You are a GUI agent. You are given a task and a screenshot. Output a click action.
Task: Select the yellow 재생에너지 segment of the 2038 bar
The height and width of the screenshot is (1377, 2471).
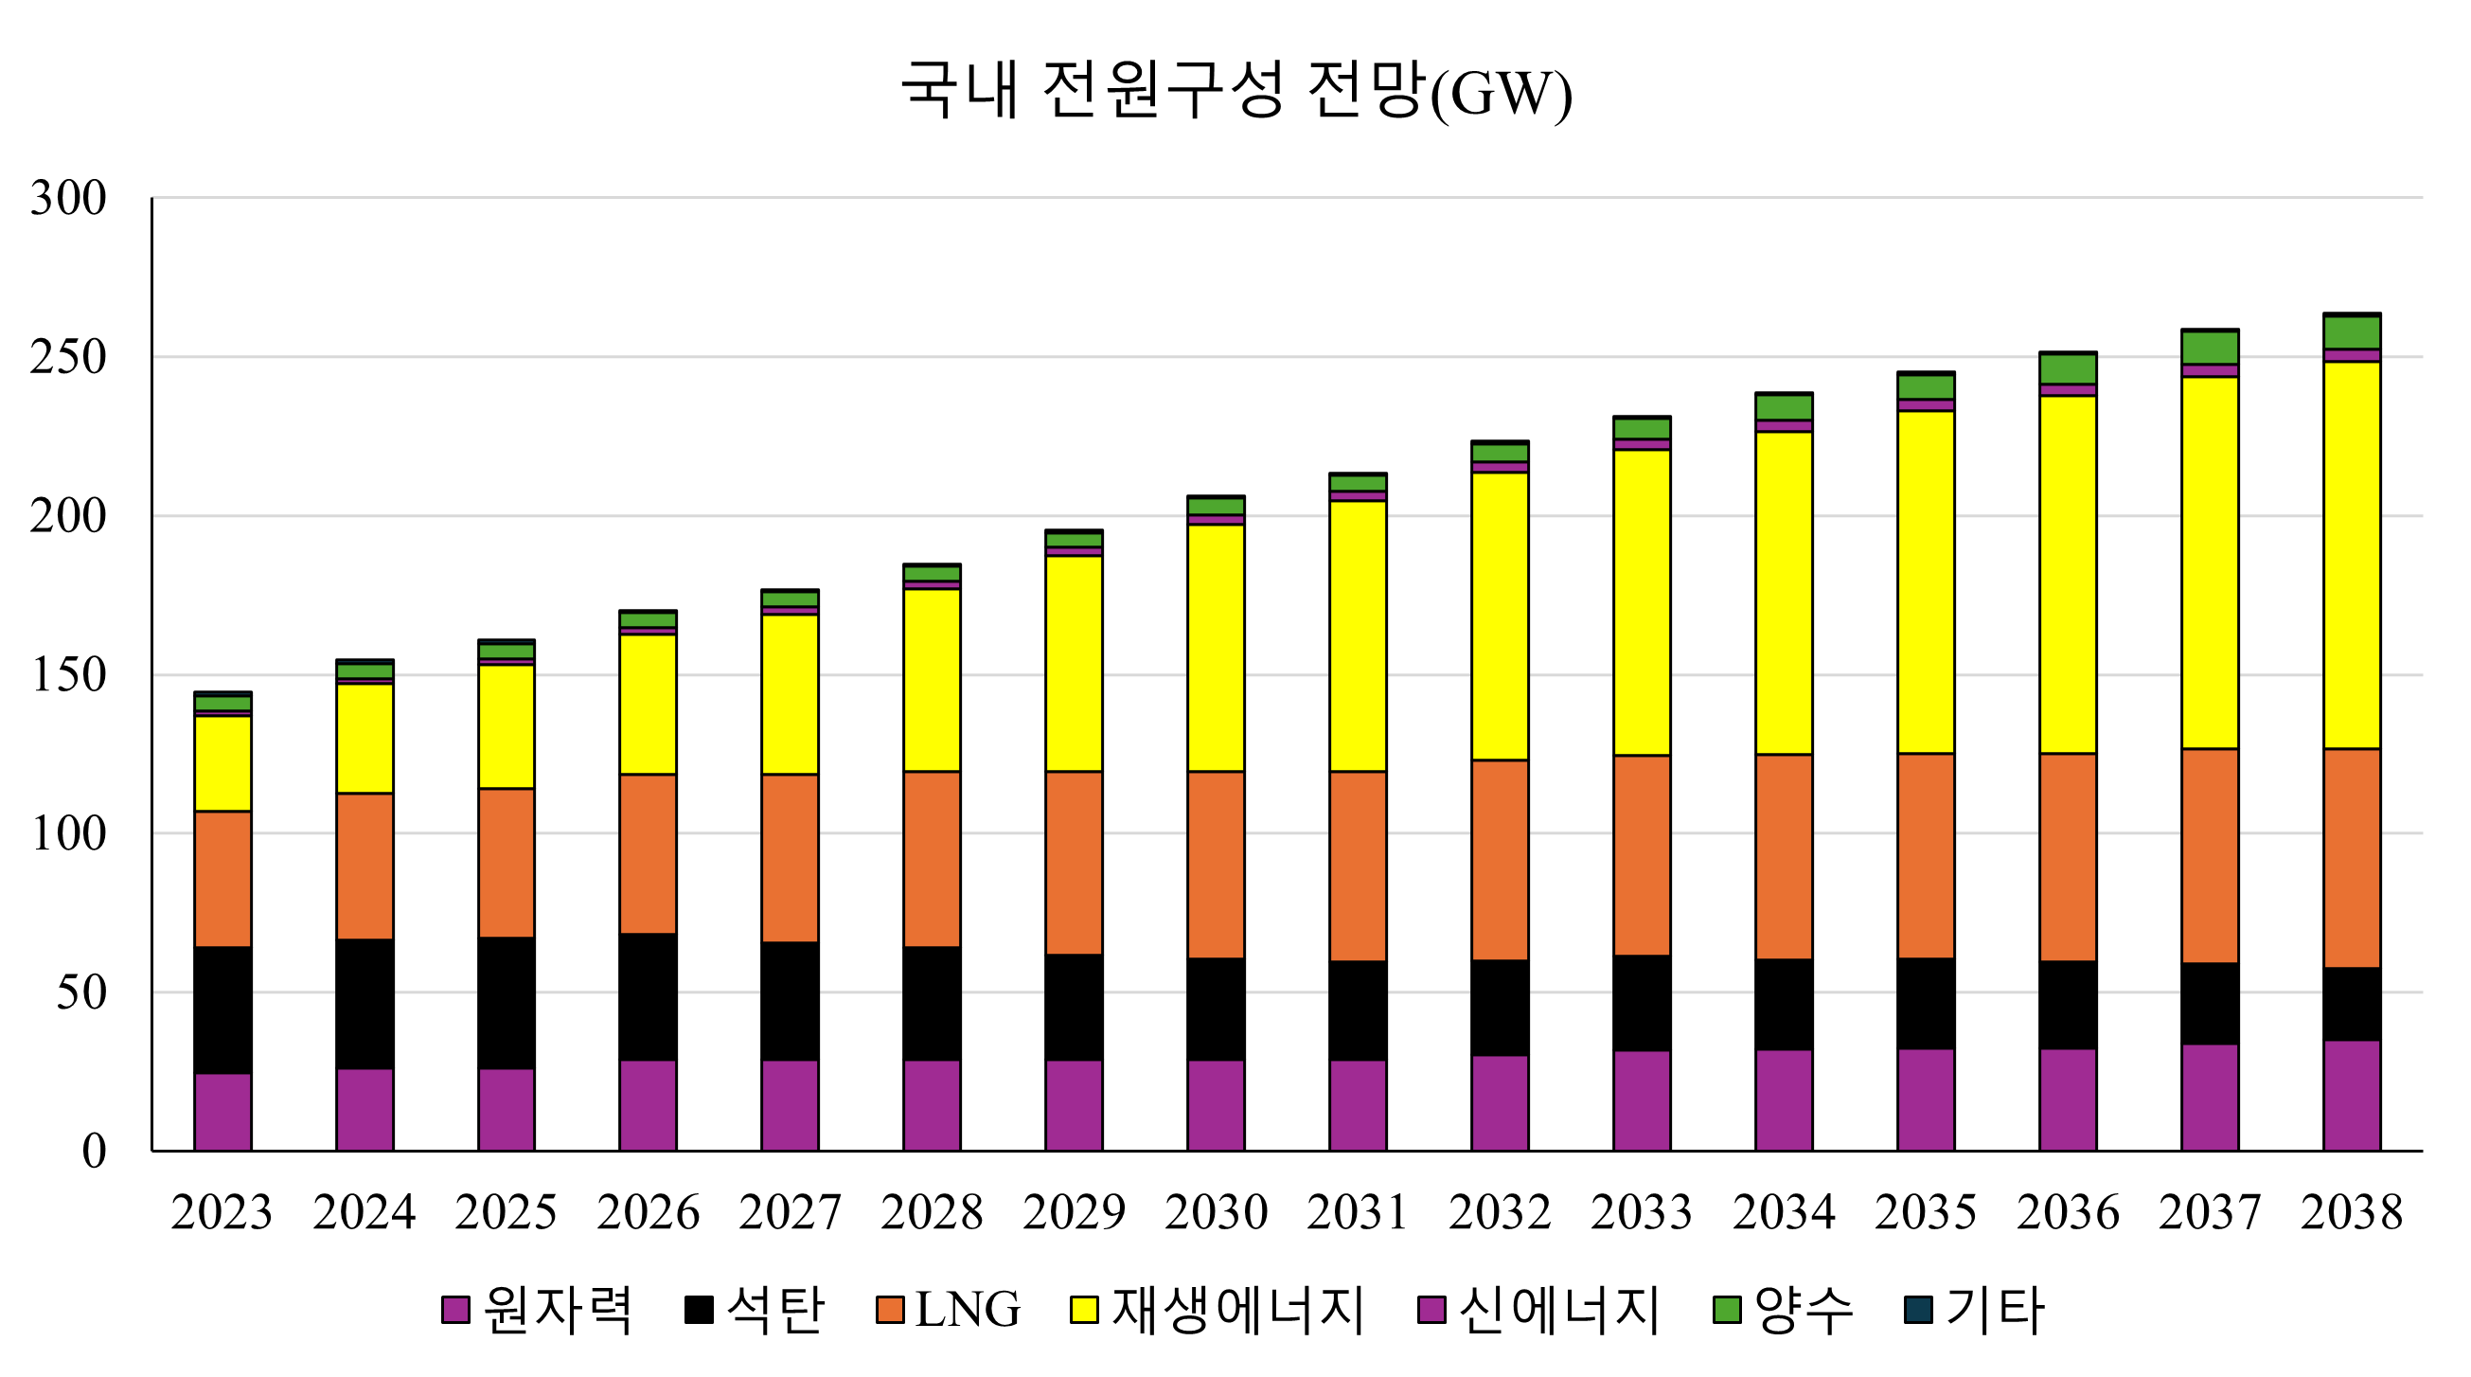2351,555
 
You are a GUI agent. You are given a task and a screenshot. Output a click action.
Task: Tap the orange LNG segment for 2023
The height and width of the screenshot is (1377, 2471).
222,879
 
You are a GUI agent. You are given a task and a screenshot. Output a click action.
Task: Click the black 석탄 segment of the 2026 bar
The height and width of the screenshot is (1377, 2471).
648,997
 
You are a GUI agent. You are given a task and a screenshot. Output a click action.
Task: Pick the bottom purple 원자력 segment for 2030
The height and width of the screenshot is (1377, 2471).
1216,1105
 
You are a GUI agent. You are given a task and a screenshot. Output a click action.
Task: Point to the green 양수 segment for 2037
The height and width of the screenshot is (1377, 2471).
2209,348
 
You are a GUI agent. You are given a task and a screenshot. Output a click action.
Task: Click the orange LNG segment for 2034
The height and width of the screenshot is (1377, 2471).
1784,856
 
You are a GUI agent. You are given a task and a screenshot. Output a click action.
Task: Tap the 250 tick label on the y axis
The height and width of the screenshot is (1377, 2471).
68,358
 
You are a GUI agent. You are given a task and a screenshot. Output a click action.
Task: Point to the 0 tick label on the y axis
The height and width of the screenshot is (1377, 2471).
94,1151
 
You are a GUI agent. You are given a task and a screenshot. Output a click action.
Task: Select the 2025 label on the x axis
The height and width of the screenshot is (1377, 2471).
506,1212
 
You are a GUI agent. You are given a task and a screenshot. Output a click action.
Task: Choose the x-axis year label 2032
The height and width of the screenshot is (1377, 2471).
1500,1212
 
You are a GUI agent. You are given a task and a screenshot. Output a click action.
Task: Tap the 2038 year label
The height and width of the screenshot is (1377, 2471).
2351,1212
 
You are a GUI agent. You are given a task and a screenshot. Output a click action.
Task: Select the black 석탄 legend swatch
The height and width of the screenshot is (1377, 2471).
699,1310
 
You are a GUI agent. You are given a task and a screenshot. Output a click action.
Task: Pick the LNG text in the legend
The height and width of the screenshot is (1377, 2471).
967,1310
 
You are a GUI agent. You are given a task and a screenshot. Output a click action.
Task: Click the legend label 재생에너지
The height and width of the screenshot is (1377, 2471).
1237,1310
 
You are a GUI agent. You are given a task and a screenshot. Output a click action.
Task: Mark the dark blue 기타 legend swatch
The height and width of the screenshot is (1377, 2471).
1918,1310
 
